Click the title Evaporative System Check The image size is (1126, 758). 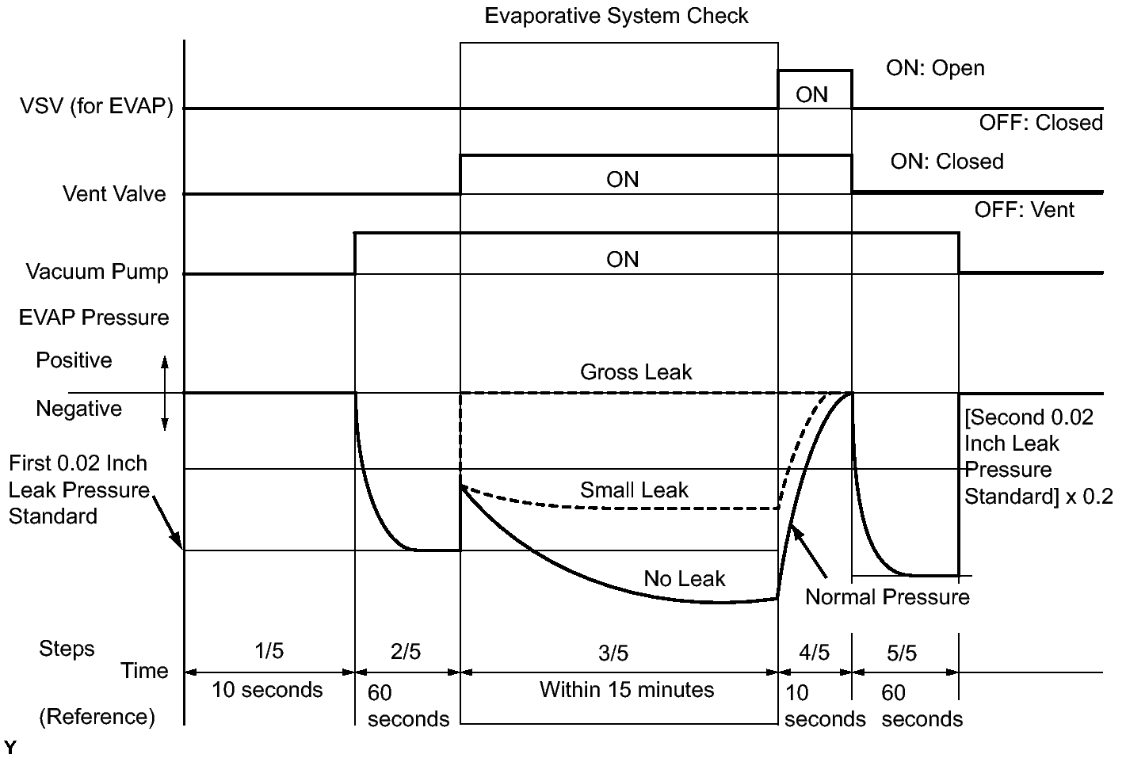click(616, 16)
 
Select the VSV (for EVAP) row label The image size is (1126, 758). click(96, 107)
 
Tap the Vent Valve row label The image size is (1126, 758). click(114, 194)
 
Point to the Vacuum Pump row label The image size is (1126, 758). click(97, 272)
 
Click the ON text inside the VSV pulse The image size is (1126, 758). click(811, 95)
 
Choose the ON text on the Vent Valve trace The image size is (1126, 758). click(622, 180)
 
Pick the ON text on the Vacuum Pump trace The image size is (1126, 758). click(622, 260)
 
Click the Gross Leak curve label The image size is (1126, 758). click(636, 372)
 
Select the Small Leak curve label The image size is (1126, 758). click(634, 490)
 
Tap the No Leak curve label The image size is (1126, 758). click(684, 579)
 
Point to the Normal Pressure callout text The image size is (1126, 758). click(887, 597)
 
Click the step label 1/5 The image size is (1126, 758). click(269, 651)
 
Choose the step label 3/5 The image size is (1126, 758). click(613, 653)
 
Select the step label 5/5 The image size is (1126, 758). click(901, 653)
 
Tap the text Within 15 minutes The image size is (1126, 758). click(626, 690)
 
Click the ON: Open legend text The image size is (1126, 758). click(935, 68)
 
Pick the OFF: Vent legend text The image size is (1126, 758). click(1024, 210)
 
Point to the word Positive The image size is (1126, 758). click(74, 360)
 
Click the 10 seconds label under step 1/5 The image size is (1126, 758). click(267, 690)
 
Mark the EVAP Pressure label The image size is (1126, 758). click(94, 318)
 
